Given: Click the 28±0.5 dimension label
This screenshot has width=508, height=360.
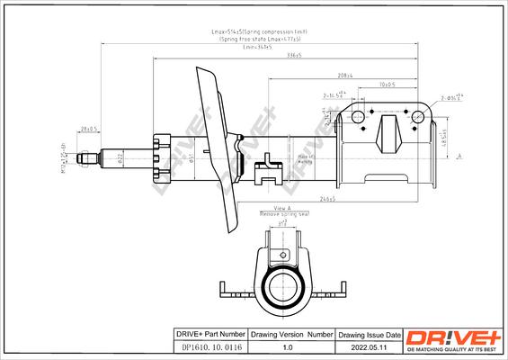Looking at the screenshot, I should (88, 129).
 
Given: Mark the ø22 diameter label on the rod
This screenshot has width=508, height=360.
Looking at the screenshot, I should (120, 161).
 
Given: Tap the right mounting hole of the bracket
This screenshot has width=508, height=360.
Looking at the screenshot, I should (418, 116).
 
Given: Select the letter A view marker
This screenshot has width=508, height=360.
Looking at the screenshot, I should (459, 157).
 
